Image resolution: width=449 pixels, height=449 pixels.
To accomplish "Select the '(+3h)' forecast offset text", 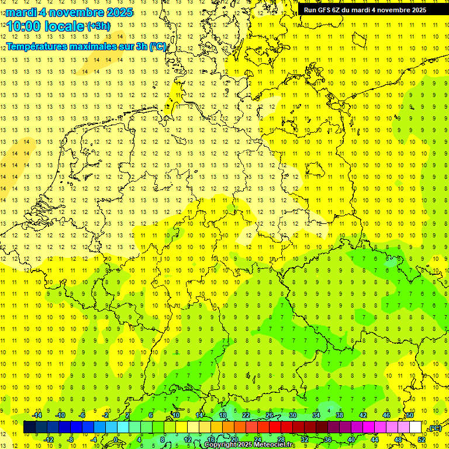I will (x=97, y=26).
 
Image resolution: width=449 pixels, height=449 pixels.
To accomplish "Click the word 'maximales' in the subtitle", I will (x=90, y=46).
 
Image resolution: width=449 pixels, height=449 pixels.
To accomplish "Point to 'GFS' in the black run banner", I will (x=325, y=9).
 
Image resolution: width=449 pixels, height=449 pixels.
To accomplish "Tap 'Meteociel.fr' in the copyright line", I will (x=275, y=445).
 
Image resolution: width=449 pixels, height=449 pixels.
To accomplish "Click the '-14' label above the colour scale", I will (x=37, y=415).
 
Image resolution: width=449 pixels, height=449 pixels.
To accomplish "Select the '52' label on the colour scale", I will (x=422, y=439).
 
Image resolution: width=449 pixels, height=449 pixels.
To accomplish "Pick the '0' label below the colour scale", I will (x=116, y=439).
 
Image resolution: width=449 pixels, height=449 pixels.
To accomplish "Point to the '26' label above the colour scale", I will (x=270, y=415).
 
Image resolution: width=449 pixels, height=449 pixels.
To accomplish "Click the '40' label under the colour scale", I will (x=351, y=439).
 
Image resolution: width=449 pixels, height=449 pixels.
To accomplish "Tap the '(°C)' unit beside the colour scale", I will (x=434, y=429).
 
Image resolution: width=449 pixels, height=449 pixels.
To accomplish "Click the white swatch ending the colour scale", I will (x=415, y=427).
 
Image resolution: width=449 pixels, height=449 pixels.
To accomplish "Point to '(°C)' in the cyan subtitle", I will (x=158, y=46).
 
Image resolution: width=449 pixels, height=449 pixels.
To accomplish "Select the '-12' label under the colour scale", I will (x=49, y=439).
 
